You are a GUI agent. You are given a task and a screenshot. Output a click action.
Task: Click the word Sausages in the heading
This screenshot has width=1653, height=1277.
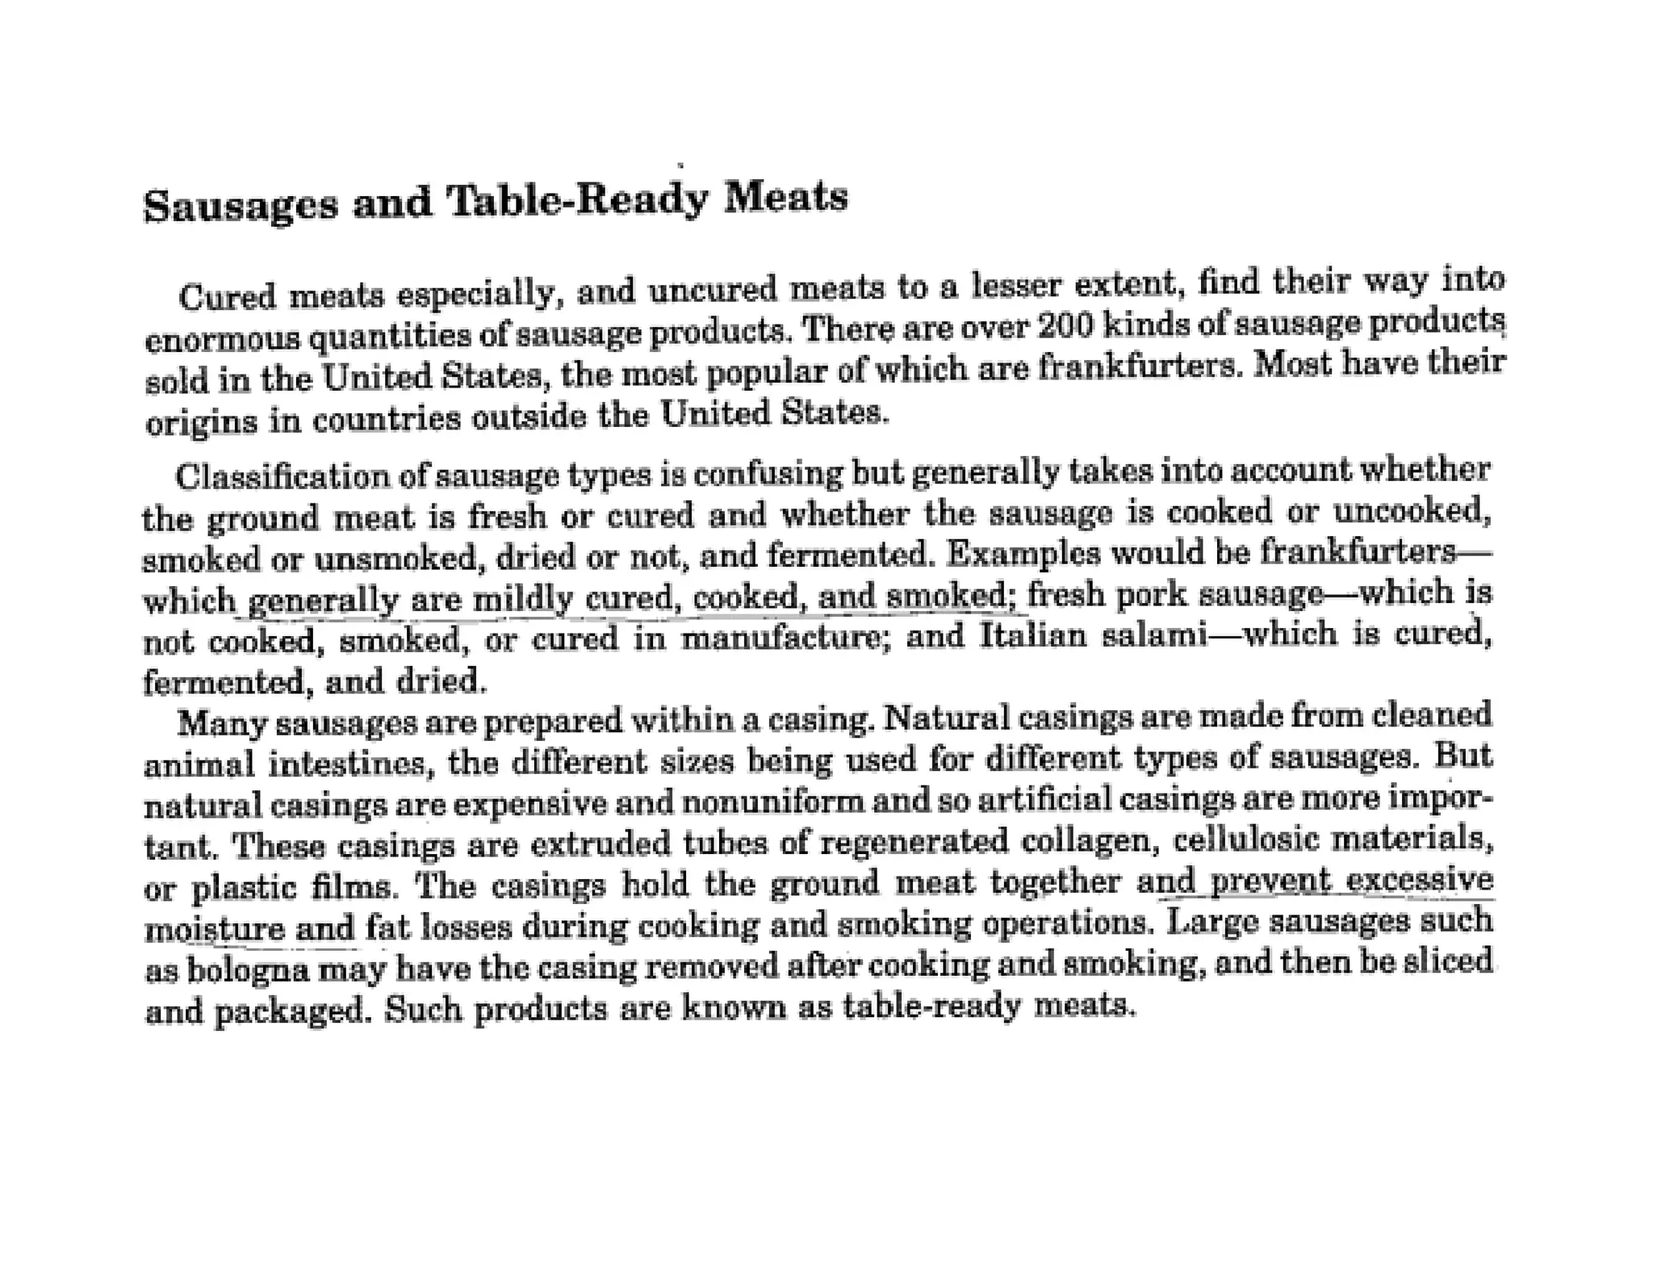240,204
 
